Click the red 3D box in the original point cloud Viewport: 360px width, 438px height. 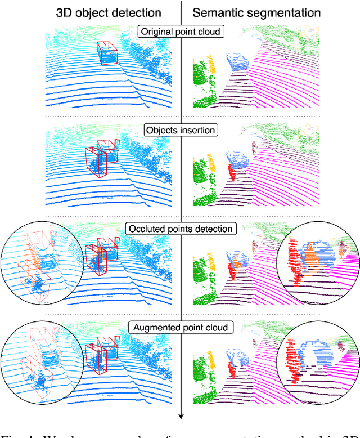tap(107, 54)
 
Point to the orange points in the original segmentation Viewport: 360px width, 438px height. tap(211, 63)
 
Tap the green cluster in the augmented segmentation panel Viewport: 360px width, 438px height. tap(201, 374)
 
